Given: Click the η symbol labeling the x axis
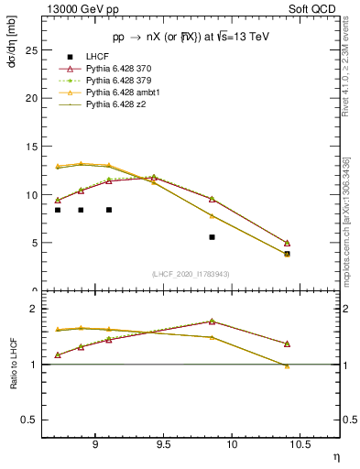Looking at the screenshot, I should tap(335, 456).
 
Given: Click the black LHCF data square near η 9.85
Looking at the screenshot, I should tap(212, 237).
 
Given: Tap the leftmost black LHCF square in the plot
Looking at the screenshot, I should tap(58, 210).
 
